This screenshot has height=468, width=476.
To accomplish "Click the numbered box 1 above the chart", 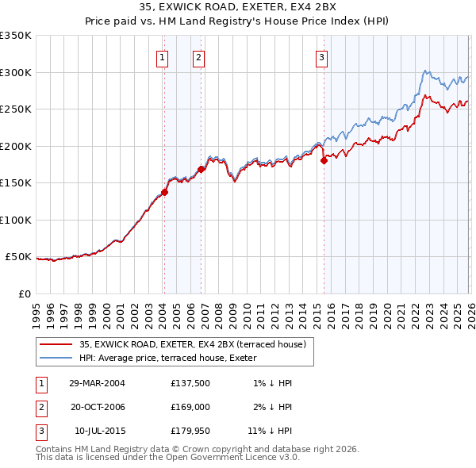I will pos(162,56).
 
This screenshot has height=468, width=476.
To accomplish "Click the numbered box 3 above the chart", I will pos(321,56).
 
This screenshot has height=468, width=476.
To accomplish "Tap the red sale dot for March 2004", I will pos(164,192).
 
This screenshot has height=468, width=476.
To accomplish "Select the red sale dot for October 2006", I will pos(201,169).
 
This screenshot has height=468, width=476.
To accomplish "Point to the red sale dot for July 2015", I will pos(324,161).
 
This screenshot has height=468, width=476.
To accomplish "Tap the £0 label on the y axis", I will pos(24,293).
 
